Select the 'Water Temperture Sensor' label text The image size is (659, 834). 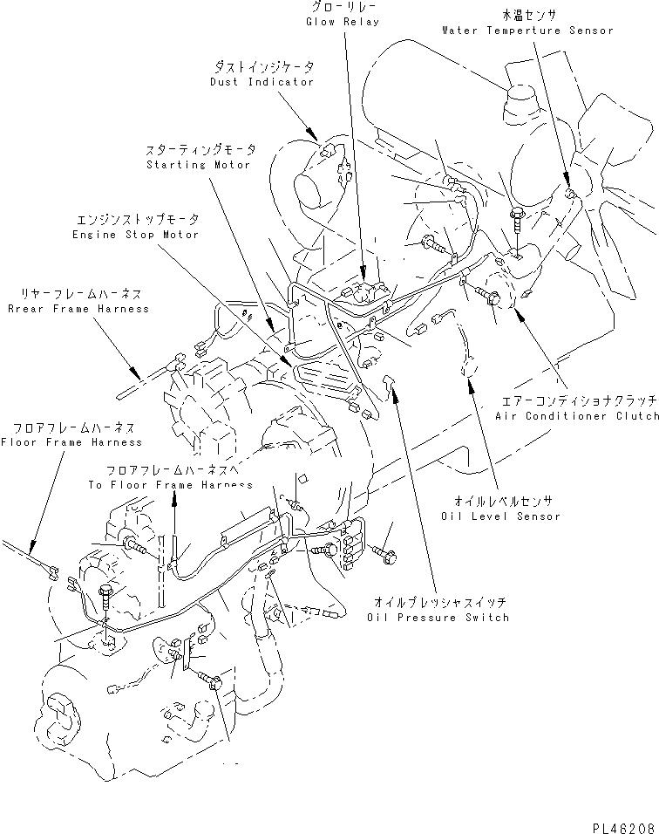click(527, 30)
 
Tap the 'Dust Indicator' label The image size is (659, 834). click(262, 82)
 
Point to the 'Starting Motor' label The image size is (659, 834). click(198, 165)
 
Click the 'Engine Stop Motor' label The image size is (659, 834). click(136, 235)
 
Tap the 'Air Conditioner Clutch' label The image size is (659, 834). click(576, 417)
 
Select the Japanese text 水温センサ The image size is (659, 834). click(527, 15)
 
